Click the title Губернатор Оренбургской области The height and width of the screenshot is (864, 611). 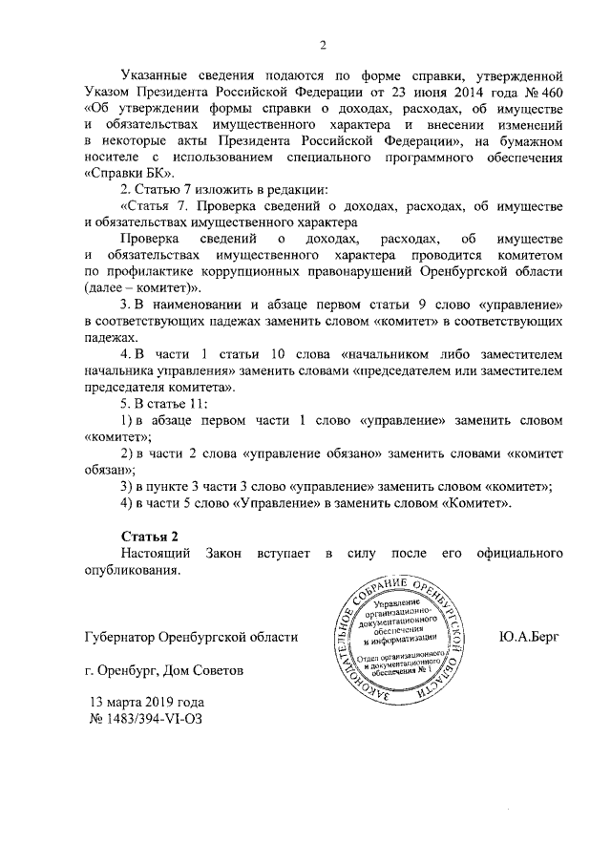pos(191,635)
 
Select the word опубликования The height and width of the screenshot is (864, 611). pos(132,570)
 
